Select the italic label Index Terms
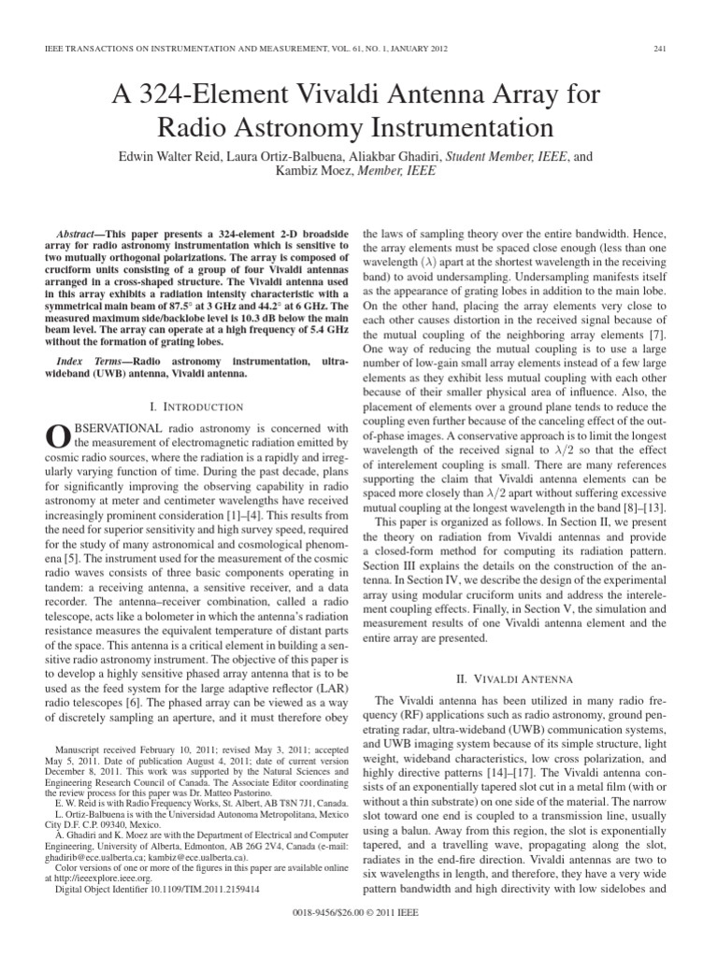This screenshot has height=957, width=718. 88,360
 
